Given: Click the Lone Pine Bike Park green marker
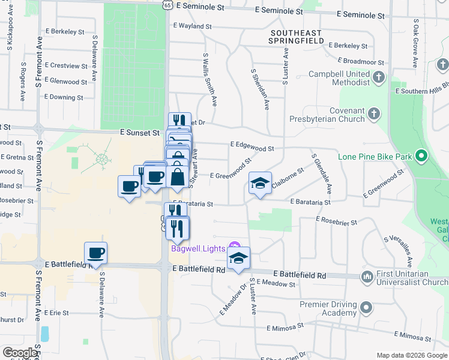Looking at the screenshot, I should click(421, 157).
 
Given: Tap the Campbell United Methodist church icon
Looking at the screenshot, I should click(378, 77).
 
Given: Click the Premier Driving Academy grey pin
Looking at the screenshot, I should click(366, 308).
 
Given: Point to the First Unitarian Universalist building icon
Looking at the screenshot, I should click(367, 277).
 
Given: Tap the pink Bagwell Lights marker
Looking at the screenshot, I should click(235, 248).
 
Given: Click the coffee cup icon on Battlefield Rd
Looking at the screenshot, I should click(95, 253).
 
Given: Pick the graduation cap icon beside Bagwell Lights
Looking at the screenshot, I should click(239, 258).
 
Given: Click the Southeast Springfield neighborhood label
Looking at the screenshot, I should click(297, 37).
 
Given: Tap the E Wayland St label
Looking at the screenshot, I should click(192, 26).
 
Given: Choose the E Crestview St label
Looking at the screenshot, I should click(66, 65).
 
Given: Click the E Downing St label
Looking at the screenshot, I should click(64, 97).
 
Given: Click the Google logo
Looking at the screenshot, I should click(20, 353).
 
